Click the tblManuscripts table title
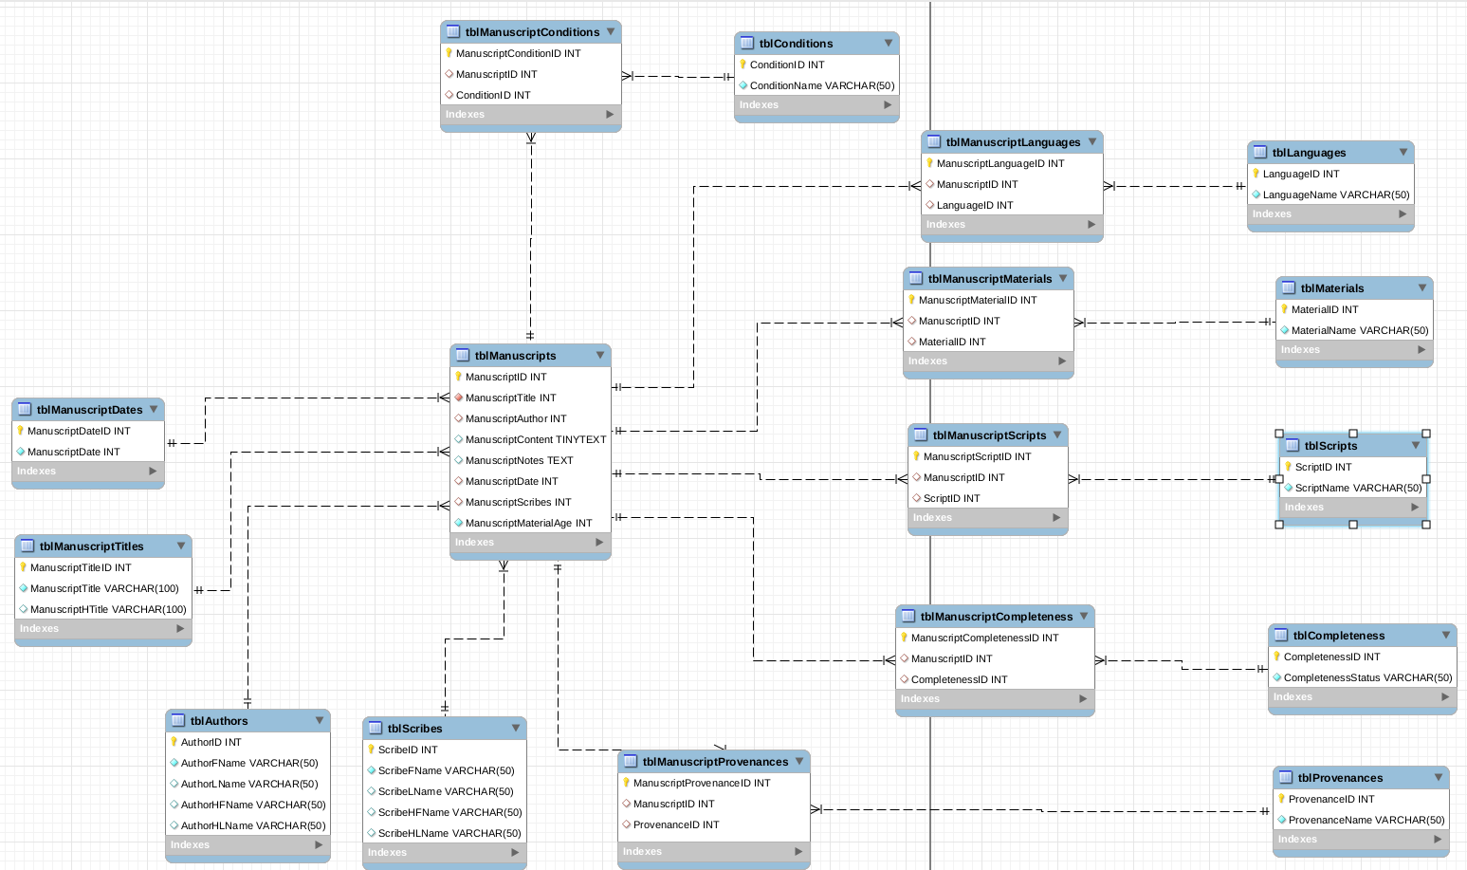[x=515, y=356]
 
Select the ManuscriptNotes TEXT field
[x=519, y=460]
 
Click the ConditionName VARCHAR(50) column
[x=821, y=85]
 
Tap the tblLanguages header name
[x=1309, y=153]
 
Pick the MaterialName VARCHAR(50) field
[x=1359, y=330]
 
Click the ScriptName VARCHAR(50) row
[x=1358, y=488]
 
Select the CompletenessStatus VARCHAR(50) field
[x=1367, y=677]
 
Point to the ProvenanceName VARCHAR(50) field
[x=1366, y=820]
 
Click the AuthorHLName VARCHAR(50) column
[x=252, y=825]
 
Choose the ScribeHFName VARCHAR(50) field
[x=449, y=812]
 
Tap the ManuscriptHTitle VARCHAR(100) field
[x=108, y=609]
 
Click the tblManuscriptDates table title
[x=89, y=410]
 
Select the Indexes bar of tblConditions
[x=816, y=105]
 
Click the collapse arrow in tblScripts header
[x=1416, y=445]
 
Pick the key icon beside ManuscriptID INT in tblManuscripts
[x=458, y=377]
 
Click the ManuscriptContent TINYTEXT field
[x=535, y=439]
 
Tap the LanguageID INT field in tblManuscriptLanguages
[x=974, y=205]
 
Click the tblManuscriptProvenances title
[x=715, y=762]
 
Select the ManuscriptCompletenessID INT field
[x=984, y=638]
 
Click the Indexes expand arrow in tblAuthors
[x=319, y=844]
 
